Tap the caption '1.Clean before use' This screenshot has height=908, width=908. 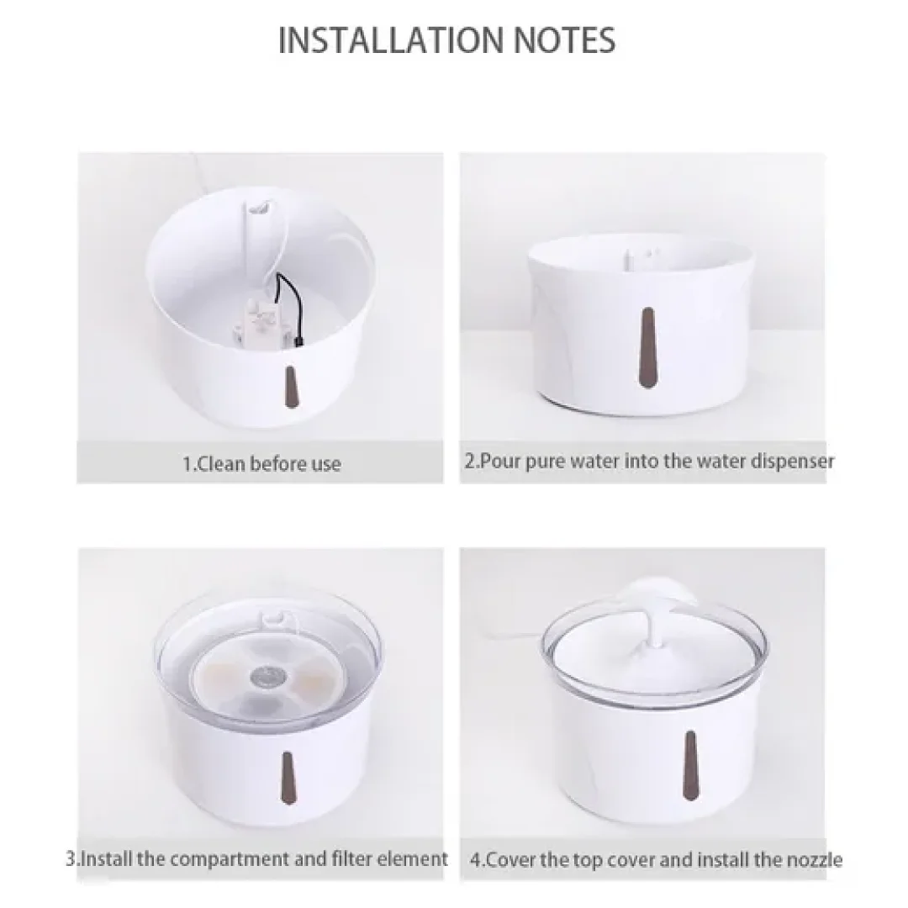coord(261,464)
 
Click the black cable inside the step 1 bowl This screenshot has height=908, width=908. coord(290,308)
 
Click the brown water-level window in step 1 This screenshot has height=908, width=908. coord(291,386)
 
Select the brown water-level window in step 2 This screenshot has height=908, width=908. coord(647,347)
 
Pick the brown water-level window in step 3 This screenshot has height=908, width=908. coord(288,779)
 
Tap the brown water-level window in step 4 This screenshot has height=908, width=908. coord(689,765)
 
